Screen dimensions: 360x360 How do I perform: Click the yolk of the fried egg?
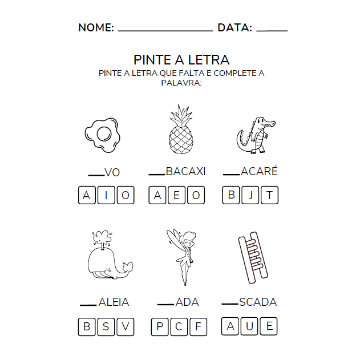[x=104, y=134]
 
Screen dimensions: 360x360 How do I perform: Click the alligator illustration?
[x=254, y=136]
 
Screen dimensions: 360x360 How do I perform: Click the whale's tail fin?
[x=128, y=266]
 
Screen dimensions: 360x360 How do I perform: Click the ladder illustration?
[x=251, y=258]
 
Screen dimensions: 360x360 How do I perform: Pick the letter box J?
[x=250, y=195]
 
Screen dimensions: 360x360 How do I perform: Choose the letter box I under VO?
[x=106, y=196]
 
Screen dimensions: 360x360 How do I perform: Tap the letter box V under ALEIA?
[x=125, y=327]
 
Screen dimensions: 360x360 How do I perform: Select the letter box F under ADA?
[x=198, y=327]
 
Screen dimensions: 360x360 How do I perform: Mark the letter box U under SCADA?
[x=250, y=326]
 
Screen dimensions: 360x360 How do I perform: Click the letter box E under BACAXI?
[x=177, y=196]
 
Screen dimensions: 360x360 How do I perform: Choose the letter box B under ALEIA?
[x=87, y=327]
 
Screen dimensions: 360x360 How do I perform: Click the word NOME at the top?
[x=96, y=27]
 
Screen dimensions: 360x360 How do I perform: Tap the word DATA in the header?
[x=234, y=27]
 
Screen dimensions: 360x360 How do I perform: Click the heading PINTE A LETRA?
[x=181, y=59]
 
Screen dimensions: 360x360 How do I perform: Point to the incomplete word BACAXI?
[x=185, y=171]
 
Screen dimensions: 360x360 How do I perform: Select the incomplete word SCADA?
[x=258, y=302]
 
